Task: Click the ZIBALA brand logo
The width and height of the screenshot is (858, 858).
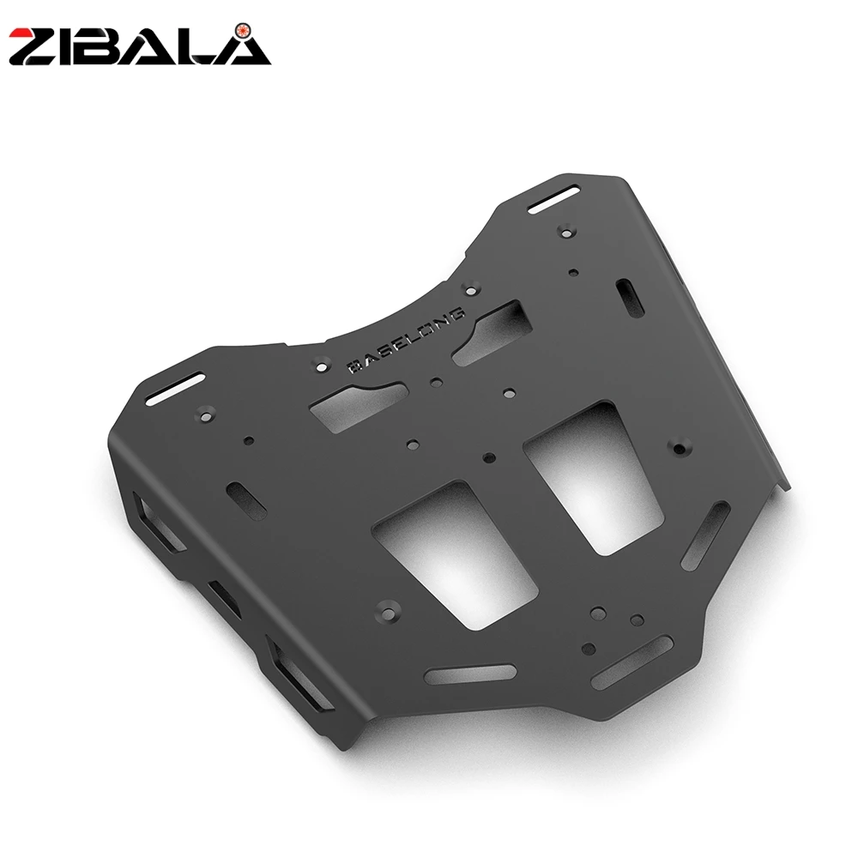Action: [140, 45]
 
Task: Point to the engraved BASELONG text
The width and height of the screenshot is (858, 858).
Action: [407, 341]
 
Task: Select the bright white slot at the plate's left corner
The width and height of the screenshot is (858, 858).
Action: [175, 389]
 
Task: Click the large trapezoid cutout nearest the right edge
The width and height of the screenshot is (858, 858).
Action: [594, 476]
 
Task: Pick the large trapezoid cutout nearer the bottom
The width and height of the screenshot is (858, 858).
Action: [456, 553]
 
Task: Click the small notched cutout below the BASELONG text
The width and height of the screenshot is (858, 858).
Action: [359, 406]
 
